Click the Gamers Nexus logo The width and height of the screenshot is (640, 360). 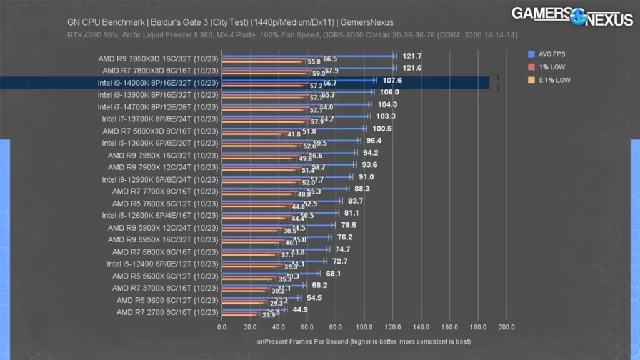point(572,16)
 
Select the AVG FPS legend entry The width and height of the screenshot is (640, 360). point(549,54)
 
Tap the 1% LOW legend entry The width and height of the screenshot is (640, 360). point(547,67)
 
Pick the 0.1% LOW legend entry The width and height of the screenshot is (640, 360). point(551,80)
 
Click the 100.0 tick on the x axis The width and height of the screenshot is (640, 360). point(364,327)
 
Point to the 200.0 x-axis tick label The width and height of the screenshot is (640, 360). point(507,327)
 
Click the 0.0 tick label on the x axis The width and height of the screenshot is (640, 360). point(222,327)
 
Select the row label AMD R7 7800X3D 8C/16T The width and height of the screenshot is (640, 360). point(160,71)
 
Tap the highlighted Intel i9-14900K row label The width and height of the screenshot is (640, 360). point(157,82)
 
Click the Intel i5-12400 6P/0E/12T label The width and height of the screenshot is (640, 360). point(162,264)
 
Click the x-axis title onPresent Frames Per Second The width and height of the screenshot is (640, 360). point(364,342)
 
